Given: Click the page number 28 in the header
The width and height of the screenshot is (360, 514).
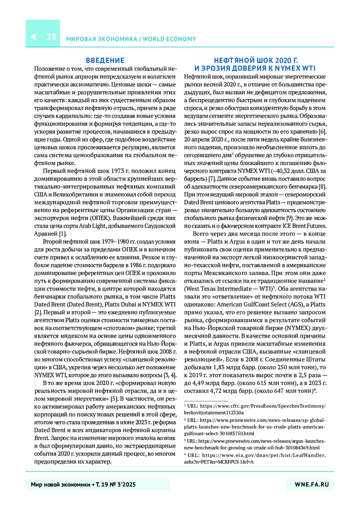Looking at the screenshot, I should coord(51,37).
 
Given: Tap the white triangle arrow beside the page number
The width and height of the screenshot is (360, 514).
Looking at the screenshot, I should coord(33,37).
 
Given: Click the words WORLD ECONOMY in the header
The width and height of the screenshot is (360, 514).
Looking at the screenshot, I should coord(169,39).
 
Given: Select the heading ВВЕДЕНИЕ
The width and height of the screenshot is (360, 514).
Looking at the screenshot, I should coord(105,60).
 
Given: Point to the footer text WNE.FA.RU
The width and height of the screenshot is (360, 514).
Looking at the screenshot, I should coord(312,484).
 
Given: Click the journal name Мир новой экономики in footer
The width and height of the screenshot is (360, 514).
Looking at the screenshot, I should coord(60,484).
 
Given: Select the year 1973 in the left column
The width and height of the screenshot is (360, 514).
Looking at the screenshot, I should coord(118,171).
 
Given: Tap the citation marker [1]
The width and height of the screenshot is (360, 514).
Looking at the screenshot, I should coord(62,234).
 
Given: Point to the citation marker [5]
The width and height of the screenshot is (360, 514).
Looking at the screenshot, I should coord(114,399).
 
